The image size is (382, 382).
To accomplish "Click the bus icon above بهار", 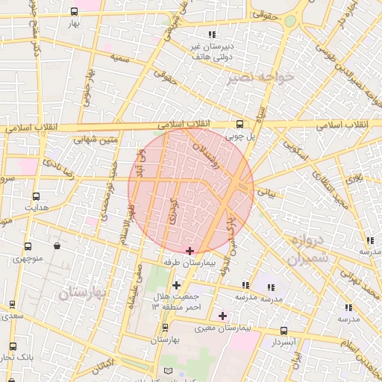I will pos(74,12).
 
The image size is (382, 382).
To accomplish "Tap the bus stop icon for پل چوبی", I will pos(239,125).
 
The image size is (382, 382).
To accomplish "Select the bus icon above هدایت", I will pos(36,196).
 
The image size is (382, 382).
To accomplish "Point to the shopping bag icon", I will pos(57,245).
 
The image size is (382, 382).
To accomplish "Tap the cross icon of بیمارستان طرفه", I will pos(190,251).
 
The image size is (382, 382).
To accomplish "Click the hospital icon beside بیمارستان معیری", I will pos(222,316).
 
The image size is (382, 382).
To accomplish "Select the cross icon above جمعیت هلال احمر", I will pos(176,284).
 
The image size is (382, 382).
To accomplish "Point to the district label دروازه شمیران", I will pos(306,251).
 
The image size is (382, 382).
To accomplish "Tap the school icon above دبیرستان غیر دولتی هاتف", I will pos(213,34).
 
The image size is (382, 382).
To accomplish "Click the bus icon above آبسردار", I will pos(284,331).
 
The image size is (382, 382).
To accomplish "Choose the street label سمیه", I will pos(119,57).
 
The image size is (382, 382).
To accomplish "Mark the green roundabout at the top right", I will pos(289,21).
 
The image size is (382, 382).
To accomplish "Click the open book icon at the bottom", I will pos(168,371).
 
